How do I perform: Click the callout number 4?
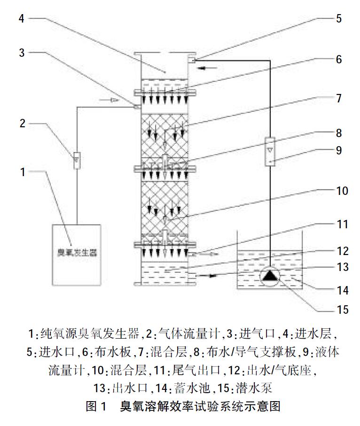(x=22, y=18)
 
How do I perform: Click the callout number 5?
(x=339, y=19)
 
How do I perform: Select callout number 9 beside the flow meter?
(x=339, y=150)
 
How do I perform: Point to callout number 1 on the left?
(x=22, y=172)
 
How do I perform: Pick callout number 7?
(x=339, y=99)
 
